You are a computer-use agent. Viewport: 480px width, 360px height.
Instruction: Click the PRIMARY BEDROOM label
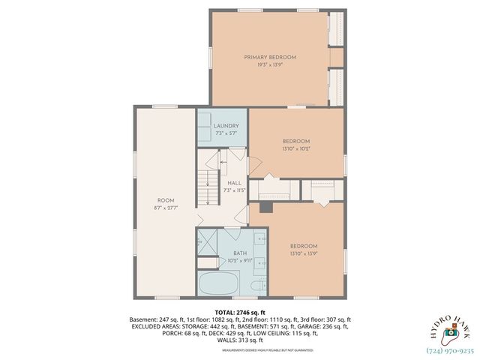[x=270, y=58]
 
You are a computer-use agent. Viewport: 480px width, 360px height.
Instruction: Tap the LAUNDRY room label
[x=226, y=125]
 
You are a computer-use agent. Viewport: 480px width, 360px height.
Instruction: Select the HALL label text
[x=235, y=182]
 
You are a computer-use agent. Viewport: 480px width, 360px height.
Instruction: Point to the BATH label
[x=240, y=253]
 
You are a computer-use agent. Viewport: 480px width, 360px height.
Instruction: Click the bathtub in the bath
[x=218, y=284]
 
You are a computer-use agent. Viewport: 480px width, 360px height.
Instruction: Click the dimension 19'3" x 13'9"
[x=270, y=65]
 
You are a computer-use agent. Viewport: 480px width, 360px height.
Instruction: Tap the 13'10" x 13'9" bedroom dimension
[x=304, y=253]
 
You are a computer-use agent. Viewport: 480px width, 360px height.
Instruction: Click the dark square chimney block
[x=265, y=205]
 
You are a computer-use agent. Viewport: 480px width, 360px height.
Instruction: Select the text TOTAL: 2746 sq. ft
[x=241, y=310]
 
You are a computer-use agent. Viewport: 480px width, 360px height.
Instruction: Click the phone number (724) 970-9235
[x=451, y=349]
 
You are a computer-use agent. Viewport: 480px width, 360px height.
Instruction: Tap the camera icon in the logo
[x=450, y=331]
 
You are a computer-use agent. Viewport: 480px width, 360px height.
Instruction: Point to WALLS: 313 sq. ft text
[x=241, y=340]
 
